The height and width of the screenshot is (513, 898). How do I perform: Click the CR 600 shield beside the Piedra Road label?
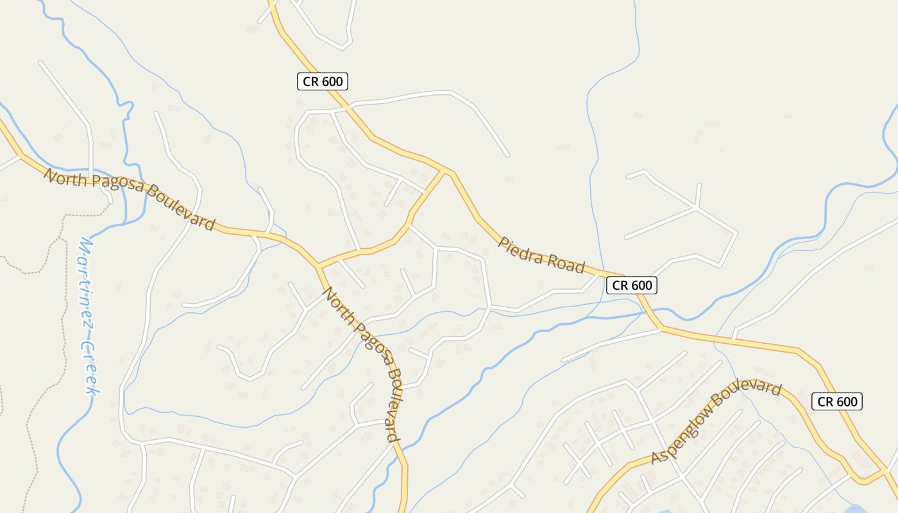[632, 285]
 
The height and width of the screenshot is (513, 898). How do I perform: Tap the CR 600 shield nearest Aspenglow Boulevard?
[837, 401]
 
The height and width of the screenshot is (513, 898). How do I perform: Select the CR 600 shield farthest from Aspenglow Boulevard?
[323, 81]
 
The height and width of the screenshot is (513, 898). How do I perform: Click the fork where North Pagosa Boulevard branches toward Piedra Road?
[318, 265]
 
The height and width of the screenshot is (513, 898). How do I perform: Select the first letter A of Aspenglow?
[656, 458]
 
